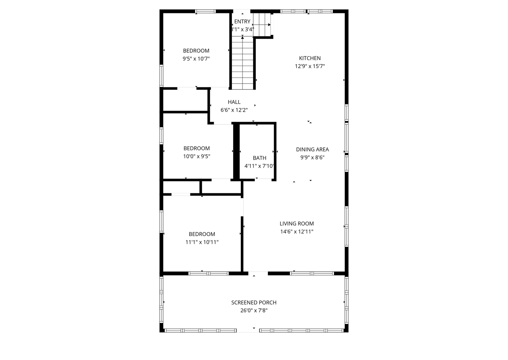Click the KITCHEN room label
(310, 58)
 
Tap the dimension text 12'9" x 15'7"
(310, 66)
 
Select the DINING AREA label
(312, 150)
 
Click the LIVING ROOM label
(297, 224)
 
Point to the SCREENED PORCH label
(253, 303)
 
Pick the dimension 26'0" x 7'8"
(253, 311)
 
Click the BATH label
(259, 158)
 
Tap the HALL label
(234, 102)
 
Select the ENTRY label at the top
(242, 22)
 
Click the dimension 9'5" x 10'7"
(196, 59)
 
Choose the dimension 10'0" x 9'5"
(196, 156)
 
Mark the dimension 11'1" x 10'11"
(202, 242)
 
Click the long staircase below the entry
(242, 63)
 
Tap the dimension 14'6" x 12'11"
(297, 232)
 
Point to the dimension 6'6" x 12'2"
(234, 110)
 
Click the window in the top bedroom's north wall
(205, 11)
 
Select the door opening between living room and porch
(258, 274)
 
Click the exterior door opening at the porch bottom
(248, 330)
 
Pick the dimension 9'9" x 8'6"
(312, 158)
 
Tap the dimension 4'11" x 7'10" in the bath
(259, 166)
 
